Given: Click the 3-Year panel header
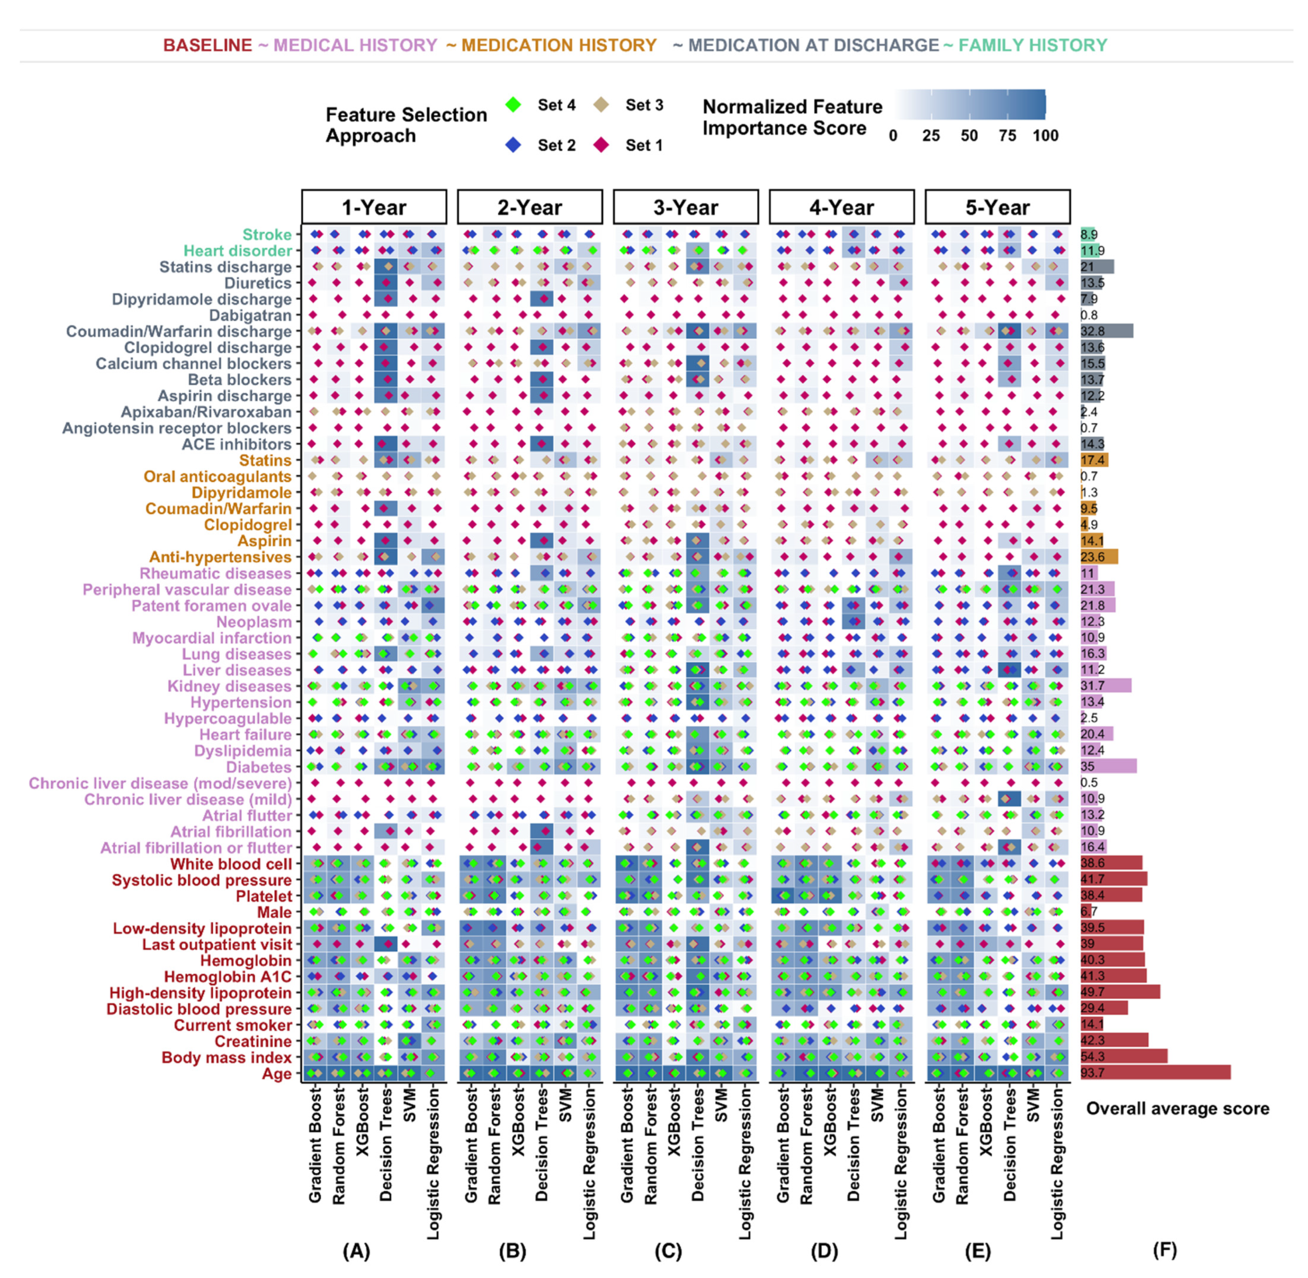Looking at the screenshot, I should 685,207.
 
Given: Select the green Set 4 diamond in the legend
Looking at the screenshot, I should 514,105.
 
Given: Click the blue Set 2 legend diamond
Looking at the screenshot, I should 514,145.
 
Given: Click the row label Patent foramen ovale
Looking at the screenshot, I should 212,605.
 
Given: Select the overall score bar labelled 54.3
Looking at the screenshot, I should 1123,1056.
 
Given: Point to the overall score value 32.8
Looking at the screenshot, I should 1092,331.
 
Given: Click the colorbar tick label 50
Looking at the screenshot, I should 969,136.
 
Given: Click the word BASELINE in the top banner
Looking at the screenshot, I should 207,45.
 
